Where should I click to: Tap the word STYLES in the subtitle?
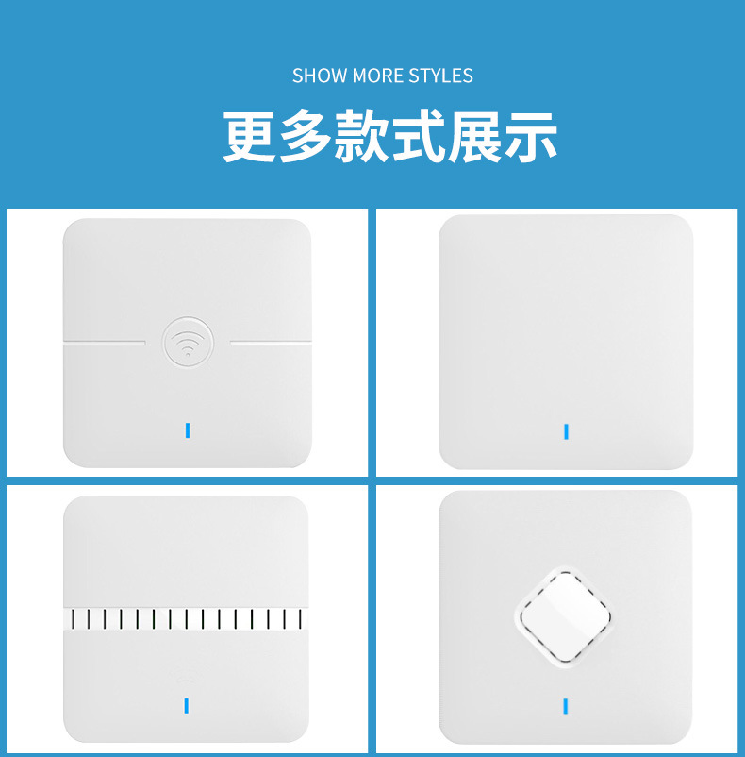point(440,76)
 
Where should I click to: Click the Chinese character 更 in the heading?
point(249,137)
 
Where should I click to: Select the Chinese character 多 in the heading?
point(306,137)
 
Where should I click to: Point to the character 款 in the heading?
point(361,137)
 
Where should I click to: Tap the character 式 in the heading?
point(418,137)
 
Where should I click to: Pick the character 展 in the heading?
point(474,137)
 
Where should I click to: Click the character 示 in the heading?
point(531,137)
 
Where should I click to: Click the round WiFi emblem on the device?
point(188,343)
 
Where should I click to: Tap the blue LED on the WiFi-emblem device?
point(188,430)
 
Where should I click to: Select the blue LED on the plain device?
point(566,431)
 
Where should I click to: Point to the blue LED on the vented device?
point(187,706)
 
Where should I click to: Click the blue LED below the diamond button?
point(566,706)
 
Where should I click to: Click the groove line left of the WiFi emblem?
point(105,343)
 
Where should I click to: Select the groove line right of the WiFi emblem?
point(271,343)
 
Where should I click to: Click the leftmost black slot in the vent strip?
point(73,619)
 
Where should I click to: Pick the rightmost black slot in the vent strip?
point(301,619)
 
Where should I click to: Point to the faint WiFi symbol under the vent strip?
point(186,675)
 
